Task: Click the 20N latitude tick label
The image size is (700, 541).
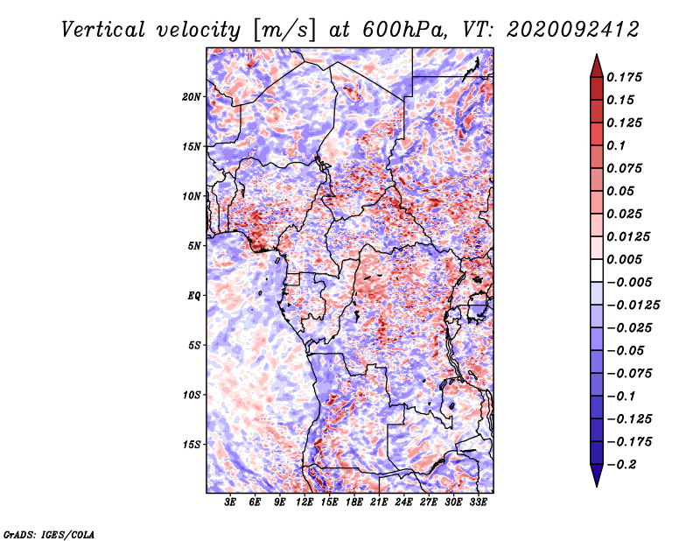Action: (192, 97)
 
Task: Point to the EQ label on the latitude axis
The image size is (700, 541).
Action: (194, 296)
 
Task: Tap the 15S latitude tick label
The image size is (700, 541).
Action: (192, 445)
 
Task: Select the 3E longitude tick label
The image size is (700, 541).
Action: (230, 502)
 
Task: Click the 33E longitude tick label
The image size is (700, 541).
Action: (478, 502)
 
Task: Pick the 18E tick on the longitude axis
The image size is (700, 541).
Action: (354, 502)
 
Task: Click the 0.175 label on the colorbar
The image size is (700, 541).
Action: (624, 77)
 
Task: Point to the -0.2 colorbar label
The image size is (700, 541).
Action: (621, 465)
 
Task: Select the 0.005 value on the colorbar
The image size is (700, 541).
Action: (624, 259)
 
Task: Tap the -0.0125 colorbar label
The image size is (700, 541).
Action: (633, 306)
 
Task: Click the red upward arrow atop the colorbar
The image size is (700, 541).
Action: (597, 66)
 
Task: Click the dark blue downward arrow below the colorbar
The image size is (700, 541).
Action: (597, 475)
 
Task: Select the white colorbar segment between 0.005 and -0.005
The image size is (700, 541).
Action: (597, 270)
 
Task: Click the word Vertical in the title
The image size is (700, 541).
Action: (103, 30)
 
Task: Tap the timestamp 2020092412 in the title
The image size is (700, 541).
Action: (573, 30)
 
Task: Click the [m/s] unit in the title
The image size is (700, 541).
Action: (284, 31)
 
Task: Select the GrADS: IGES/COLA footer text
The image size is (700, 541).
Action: (49, 535)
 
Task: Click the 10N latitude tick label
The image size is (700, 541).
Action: (192, 197)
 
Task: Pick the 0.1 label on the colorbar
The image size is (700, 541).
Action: (616, 145)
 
